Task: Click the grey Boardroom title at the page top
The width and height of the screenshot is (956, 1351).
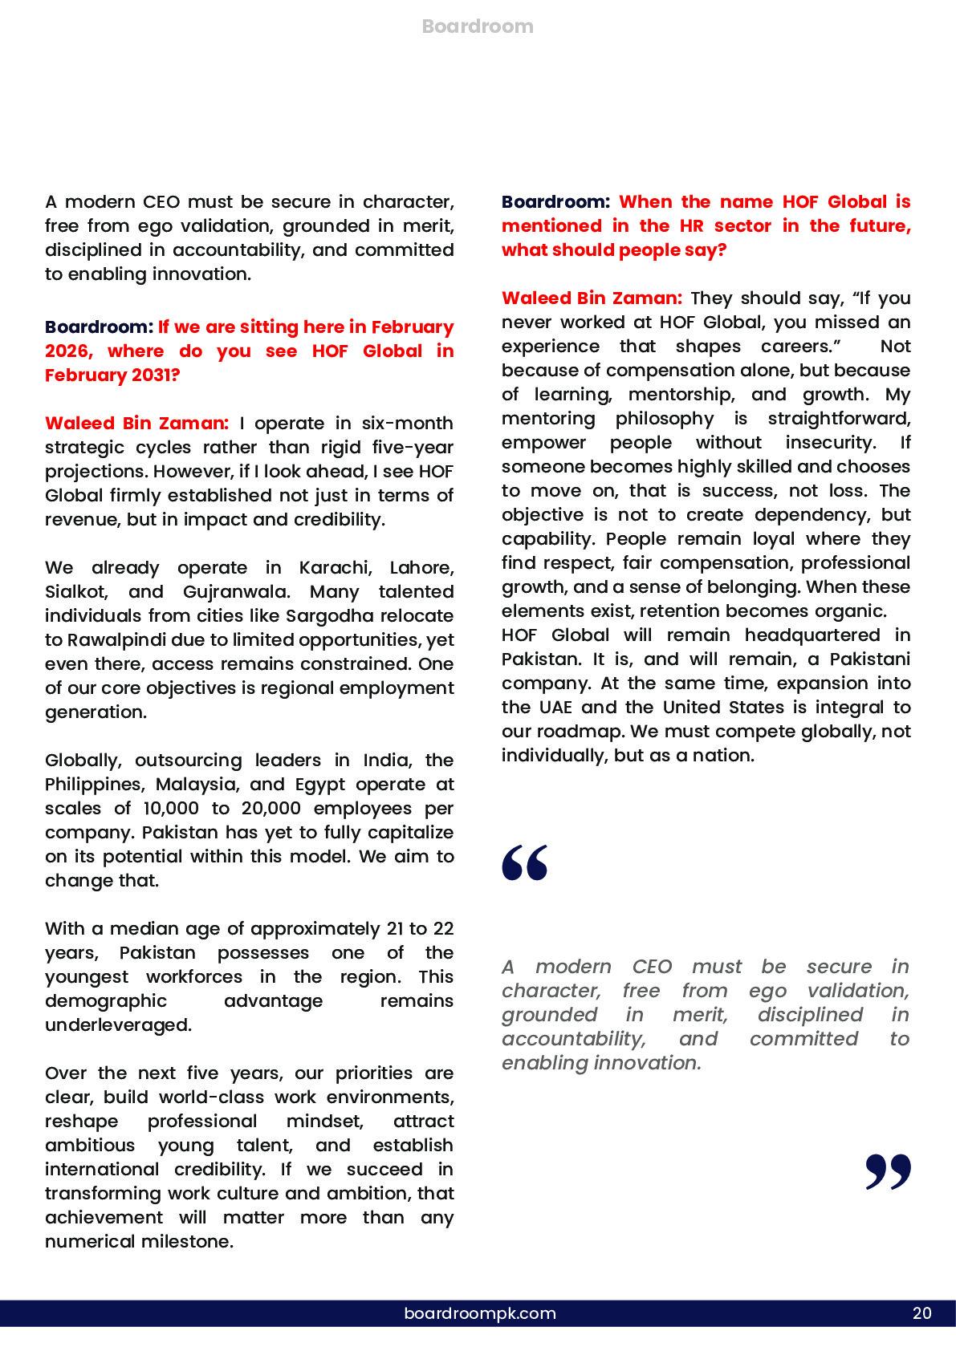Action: click(478, 26)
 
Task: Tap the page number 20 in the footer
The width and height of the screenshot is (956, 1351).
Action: click(922, 1313)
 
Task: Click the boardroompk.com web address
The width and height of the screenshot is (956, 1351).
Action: click(480, 1313)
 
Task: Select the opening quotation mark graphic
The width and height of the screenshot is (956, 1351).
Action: click(525, 862)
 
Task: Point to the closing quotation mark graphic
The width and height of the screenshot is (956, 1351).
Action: click(888, 1172)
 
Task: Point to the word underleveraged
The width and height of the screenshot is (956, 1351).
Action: click(118, 1025)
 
